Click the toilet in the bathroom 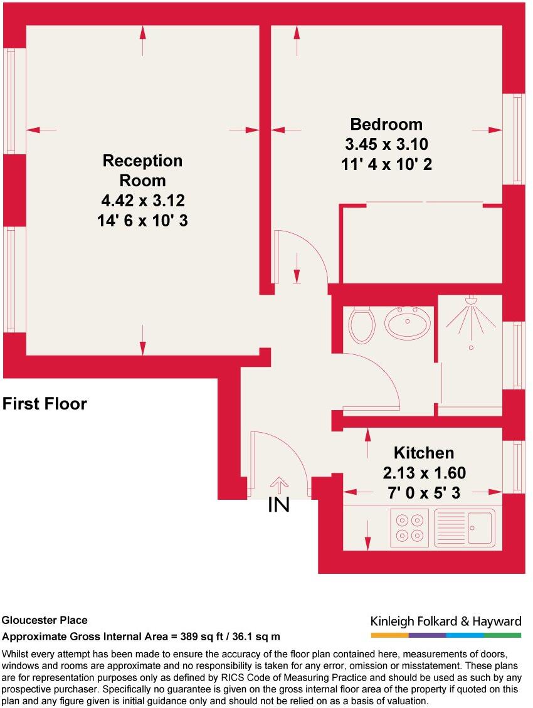click(x=361, y=324)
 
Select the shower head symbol click(x=470, y=303)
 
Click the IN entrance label click(x=278, y=505)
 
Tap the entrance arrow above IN click(x=278, y=485)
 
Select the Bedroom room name click(x=386, y=124)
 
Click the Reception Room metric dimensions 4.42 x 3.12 click(x=143, y=201)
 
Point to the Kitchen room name click(x=423, y=453)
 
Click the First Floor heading click(x=45, y=404)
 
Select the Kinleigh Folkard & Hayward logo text click(x=446, y=621)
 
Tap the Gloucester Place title click(x=45, y=621)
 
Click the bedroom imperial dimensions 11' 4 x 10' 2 click(x=386, y=164)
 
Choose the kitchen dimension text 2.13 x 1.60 click(x=424, y=473)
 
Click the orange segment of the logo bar click(x=389, y=635)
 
